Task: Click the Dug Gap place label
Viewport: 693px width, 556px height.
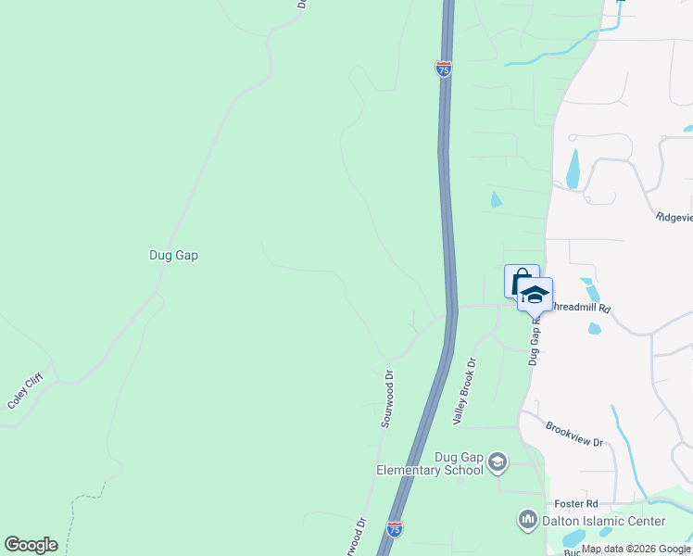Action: (x=174, y=255)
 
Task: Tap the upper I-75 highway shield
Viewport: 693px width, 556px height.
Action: (x=444, y=69)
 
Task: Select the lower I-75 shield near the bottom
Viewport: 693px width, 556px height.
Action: (x=395, y=529)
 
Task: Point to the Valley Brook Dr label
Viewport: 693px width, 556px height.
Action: (x=465, y=392)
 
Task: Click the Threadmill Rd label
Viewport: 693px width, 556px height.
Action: (x=581, y=307)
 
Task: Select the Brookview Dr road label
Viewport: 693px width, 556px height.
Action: (x=574, y=435)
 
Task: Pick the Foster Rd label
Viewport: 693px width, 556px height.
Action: (x=579, y=503)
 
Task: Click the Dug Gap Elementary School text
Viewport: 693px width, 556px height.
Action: (x=430, y=463)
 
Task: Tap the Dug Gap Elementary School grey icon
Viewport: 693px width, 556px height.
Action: (x=498, y=461)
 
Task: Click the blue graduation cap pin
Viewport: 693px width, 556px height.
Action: (x=535, y=295)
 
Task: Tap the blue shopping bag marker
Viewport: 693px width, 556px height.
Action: (x=520, y=280)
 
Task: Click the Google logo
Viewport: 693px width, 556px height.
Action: (x=31, y=545)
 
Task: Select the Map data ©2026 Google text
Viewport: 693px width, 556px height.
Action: (x=636, y=549)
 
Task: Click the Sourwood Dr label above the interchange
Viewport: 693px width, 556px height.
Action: (x=389, y=398)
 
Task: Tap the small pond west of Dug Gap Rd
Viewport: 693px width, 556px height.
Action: (x=496, y=199)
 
